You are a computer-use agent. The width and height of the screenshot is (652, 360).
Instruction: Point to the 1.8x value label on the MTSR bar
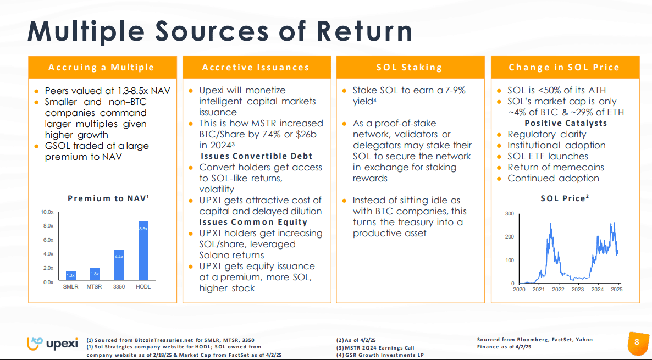click(95, 274)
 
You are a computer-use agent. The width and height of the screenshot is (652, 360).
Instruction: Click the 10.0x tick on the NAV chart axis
click(47, 212)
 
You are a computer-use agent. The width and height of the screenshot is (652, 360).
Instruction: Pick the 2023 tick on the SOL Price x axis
click(578, 290)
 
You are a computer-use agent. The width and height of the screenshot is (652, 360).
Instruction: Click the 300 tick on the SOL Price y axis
click(510, 214)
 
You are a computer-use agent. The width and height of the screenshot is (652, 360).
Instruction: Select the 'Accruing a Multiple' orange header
click(102, 68)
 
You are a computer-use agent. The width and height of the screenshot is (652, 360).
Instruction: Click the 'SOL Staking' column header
click(410, 68)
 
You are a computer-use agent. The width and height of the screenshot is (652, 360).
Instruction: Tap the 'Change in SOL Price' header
click(564, 68)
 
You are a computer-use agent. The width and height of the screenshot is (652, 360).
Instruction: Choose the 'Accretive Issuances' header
click(256, 68)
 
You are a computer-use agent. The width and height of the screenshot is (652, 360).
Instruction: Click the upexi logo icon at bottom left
click(36, 344)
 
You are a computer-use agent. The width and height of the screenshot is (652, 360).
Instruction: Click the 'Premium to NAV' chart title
click(108, 198)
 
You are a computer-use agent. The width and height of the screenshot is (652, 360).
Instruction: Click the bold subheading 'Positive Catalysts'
click(566, 123)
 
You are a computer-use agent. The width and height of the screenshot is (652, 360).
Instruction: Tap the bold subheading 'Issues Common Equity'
click(253, 222)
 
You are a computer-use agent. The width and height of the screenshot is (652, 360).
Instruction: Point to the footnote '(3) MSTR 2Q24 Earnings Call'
click(375, 347)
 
